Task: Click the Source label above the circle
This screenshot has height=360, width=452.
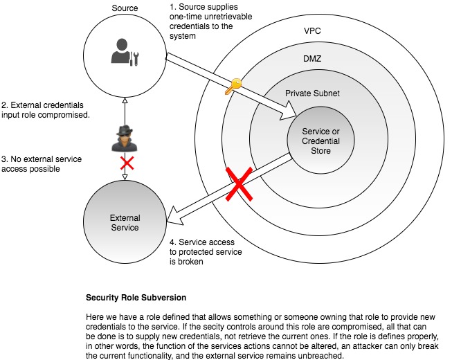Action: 124,8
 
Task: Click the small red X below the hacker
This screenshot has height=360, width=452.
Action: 126,164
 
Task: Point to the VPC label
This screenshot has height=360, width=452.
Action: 312,32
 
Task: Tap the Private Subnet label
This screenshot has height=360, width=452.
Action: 313,92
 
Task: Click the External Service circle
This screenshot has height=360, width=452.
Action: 125,222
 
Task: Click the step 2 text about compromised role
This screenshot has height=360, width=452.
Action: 46,109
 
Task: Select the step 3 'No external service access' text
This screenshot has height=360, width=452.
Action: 42,164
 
